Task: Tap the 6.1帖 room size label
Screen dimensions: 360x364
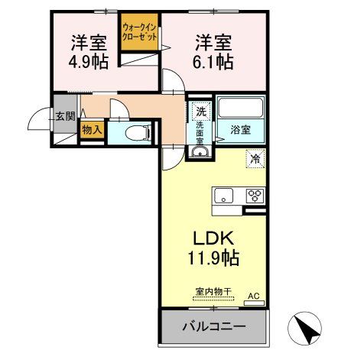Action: [x=213, y=63]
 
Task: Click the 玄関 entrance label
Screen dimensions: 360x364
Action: [x=65, y=117]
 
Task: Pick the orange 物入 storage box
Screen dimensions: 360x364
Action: [x=93, y=131]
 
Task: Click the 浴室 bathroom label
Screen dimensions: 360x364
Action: [x=241, y=130]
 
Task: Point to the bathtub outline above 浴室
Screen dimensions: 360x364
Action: [x=241, y=108]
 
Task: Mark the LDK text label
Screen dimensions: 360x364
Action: [x=212, y=237]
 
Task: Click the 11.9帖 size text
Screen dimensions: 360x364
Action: [x=212, y=258]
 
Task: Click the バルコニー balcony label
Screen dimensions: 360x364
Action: [x=213, y=326]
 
